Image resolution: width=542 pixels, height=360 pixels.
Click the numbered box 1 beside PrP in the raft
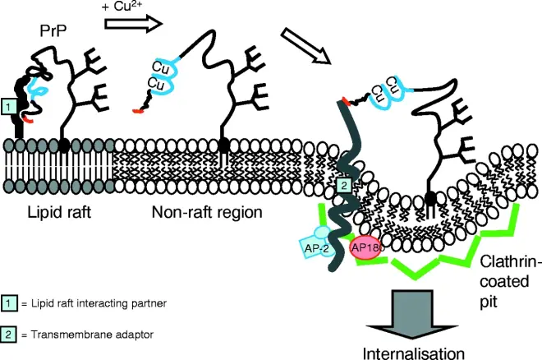pos(9,105)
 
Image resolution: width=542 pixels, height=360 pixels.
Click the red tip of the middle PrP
pos(137,108)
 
